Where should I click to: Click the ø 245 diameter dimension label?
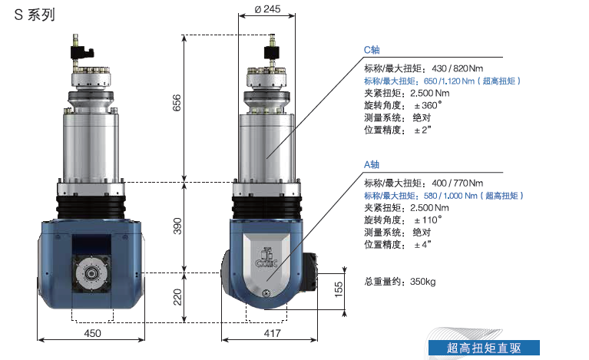(267, 8)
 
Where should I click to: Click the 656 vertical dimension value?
(177, 103)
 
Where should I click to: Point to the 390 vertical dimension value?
(177, 226)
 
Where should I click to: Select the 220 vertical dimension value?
(177, 297)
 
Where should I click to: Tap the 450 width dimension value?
(92, 333)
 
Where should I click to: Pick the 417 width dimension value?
(272, 333)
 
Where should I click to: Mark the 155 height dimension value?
(339, 289)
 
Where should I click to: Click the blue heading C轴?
(372, 50)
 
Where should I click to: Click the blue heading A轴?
(372, 164)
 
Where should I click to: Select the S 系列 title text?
(35, 15)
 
